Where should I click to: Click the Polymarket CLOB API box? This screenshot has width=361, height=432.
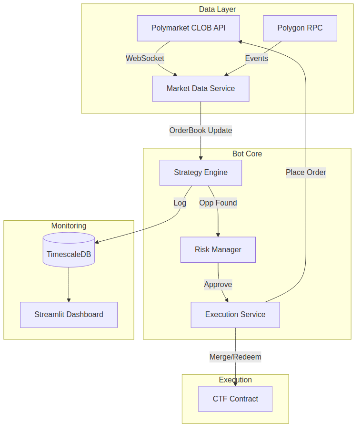coord(188,28)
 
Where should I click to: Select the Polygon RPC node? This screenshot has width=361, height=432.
coord(300,28)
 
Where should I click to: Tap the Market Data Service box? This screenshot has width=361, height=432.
coord(201,89)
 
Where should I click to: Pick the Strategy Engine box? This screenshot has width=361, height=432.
coord(201,173)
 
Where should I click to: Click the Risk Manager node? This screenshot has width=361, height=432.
coord(218,250)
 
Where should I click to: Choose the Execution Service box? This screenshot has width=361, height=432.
coord(235,315)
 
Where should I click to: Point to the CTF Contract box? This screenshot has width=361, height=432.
coord(235,399)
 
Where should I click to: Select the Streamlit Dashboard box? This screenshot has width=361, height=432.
coord(69,315)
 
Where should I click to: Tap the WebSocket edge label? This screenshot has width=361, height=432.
coord(145,59)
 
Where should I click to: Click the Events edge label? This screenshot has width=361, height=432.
coord(256,59)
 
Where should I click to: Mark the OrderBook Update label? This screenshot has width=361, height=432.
coord(201,131)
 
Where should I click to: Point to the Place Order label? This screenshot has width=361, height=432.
coord(305,173)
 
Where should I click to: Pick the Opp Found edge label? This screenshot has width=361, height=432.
coord(218,203)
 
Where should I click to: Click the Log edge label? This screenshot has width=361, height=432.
coord(180,203)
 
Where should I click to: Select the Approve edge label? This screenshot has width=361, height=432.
coord(218,285)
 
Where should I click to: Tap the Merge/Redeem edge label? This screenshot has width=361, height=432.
coord(235,357)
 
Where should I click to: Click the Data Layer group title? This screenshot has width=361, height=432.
coord(217,10)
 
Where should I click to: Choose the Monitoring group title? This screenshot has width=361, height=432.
coord(69,226)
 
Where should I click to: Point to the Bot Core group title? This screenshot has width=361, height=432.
coord(247,154)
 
